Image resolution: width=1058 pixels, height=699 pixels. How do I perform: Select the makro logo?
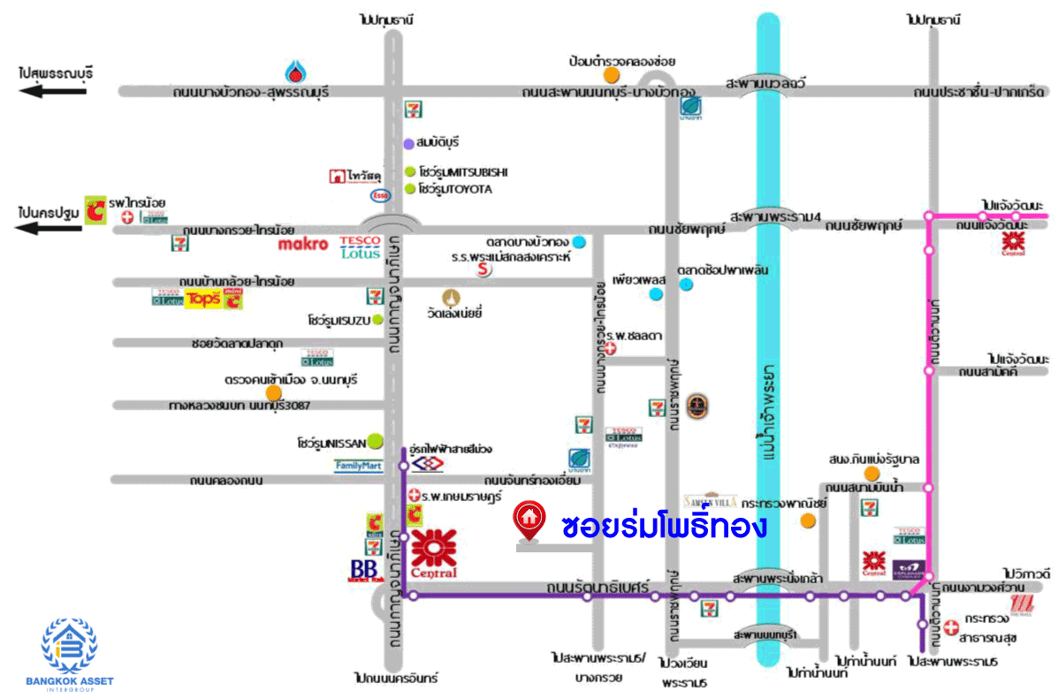tap(303, 243)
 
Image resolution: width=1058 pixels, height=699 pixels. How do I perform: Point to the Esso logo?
tap(380, 195)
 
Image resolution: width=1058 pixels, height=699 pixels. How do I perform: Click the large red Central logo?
tap(434, 554)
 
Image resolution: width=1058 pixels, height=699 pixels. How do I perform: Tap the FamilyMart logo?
tap(358, 466)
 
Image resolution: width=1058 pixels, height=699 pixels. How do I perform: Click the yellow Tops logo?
tap(202, 299)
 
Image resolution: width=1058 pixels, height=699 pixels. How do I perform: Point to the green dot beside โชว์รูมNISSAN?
tap(376, 439)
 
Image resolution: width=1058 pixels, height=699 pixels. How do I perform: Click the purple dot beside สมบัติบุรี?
tap(408, 143)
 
